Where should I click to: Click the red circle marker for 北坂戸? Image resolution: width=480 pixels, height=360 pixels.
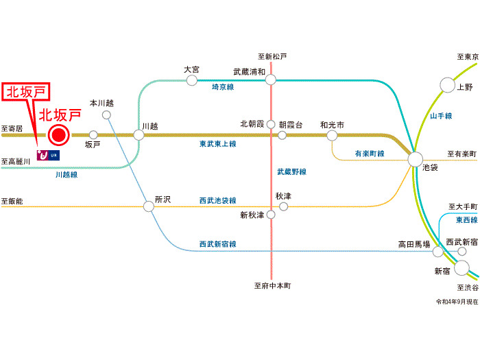point(59,135)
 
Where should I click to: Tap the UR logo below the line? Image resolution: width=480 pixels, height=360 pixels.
point(48,155)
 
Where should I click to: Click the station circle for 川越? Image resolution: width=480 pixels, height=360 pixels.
point(139,135)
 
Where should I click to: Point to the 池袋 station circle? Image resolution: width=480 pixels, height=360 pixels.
point(415,160)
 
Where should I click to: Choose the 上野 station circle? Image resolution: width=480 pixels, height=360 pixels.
point(447,85)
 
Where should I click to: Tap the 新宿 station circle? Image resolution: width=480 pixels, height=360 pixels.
point(461,267)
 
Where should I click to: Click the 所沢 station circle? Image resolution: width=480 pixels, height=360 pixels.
point(149,206)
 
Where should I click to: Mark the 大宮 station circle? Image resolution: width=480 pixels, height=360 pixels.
point(192,80)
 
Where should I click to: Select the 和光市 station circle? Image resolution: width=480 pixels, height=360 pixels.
point(332,136)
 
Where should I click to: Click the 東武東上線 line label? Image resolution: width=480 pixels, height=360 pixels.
point(218,144)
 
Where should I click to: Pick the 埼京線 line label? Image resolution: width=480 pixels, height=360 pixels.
point(224,88)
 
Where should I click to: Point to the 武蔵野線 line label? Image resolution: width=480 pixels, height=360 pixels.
point(291,171)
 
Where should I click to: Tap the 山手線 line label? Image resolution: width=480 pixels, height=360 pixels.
point(441,117)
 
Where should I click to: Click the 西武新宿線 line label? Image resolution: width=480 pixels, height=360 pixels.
point(217,243)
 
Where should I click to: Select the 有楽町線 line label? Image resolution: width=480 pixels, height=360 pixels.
point(370,153)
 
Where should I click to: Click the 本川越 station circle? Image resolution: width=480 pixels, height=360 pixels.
point(106,115)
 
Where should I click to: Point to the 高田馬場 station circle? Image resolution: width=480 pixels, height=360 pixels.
point(437,252)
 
